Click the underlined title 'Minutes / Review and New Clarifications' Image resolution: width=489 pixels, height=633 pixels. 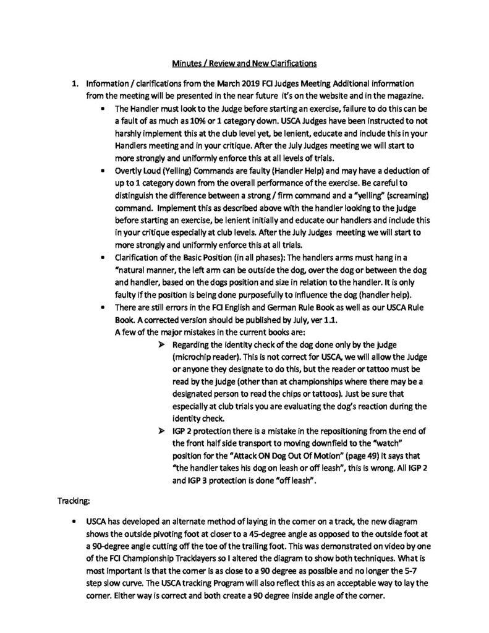(244, 62)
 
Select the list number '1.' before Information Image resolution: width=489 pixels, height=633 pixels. (77, 83)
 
